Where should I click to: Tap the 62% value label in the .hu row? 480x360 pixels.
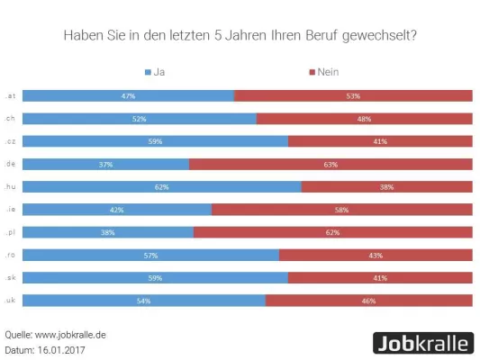point(161,186)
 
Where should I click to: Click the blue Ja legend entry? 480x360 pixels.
point(154,71)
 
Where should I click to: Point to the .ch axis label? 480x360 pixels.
point(10,118)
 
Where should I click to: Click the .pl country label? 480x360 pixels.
point(10,231)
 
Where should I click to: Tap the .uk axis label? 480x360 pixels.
point(10,300)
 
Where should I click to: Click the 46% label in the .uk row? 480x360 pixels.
point(368,300)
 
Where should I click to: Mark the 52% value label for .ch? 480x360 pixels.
point(139,118)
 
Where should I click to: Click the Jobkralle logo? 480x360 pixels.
point(422,342)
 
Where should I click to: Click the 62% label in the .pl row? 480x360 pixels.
point(332,231)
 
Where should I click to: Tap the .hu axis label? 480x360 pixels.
point(10,186)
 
